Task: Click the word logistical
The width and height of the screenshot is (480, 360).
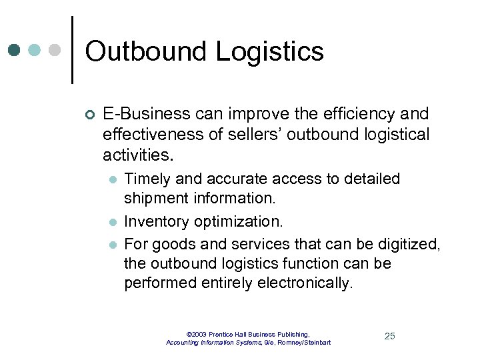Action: click(x=393, y=135)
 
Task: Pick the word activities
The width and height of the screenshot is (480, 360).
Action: click(x=137, y=155)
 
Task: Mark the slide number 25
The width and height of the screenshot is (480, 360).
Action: click(x=390, y=336)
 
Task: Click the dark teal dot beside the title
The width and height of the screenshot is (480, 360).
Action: click(x=15, y=50)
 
